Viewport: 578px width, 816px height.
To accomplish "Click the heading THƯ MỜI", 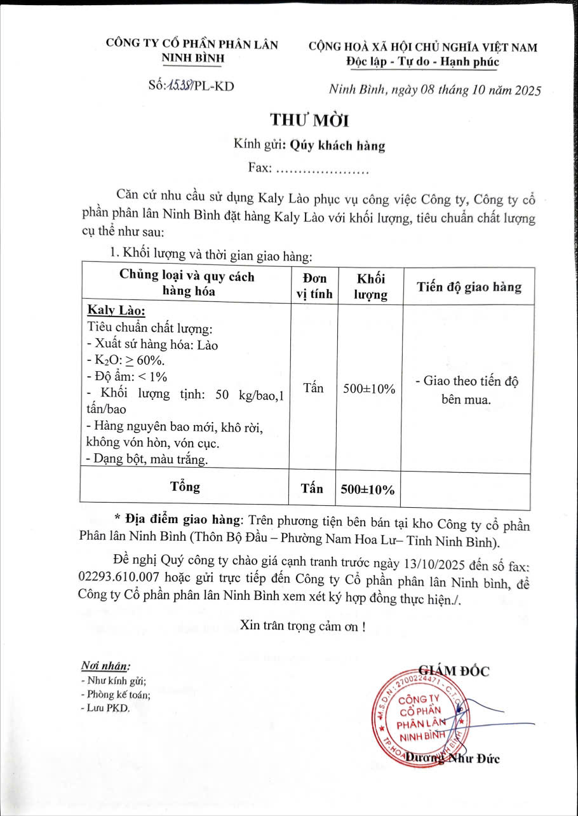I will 309,119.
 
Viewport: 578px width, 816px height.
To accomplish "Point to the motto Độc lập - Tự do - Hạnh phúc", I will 422,62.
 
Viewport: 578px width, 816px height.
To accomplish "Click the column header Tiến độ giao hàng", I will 469,287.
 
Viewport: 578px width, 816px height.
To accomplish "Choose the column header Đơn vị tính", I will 314,286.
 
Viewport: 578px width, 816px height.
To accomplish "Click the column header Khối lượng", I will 371,287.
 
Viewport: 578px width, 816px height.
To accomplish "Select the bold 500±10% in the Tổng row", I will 368,489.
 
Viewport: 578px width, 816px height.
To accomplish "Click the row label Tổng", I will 185,487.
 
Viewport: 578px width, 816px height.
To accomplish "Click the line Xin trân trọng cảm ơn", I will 302,625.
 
